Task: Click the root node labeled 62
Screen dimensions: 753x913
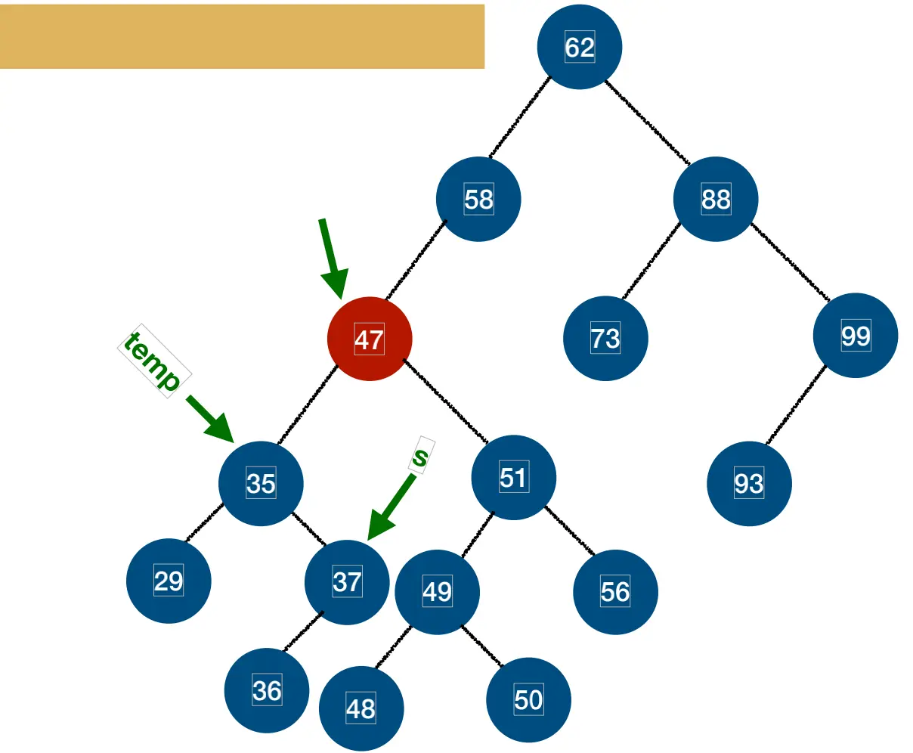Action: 580,47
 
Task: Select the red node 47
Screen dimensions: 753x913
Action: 370,339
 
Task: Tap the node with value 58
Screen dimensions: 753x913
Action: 478,200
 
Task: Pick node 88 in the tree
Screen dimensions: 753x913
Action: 716,199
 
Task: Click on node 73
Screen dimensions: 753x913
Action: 605,338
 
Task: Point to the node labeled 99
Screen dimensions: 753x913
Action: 856,336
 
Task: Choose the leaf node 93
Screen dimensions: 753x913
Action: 749,483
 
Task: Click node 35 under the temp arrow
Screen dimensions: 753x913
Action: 261,483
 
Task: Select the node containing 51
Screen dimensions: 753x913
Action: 513,477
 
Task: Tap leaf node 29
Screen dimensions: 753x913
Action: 169,581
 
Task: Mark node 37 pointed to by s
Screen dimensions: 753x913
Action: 347,582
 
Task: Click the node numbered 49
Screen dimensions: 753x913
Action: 437,591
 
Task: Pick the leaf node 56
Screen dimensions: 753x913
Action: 615,591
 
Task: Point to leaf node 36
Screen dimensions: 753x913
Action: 267,691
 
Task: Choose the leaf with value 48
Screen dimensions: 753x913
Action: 361,709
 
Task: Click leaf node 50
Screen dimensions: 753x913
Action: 528,700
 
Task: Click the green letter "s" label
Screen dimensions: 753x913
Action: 421,456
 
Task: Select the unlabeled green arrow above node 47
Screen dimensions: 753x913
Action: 332,258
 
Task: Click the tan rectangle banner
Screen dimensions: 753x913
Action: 242,36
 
